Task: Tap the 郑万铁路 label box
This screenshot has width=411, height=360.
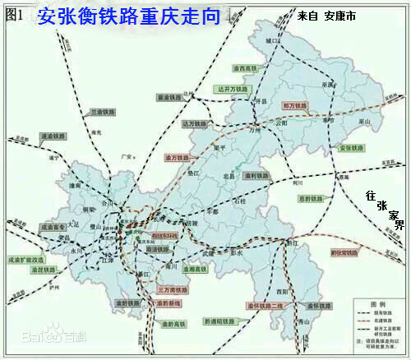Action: [x=295, y=106]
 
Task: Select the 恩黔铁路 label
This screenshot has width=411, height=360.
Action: [x=312, y=198]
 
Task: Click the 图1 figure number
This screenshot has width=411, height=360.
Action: [x=15, y=14]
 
